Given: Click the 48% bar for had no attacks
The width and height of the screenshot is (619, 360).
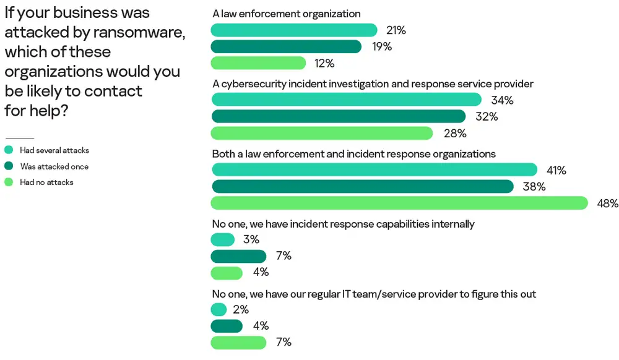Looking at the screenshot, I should [399, 203].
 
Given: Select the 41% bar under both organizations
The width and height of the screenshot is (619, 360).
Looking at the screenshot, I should [374, 170].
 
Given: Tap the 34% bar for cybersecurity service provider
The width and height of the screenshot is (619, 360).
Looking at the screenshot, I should [346, 100].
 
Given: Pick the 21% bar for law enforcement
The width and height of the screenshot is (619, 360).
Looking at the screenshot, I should [294, 30].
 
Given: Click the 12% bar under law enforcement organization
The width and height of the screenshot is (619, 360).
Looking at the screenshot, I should [259, 63].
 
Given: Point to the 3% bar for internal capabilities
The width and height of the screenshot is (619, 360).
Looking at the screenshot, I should [223, 240].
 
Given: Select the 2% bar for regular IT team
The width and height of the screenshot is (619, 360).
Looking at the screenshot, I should [219, 310].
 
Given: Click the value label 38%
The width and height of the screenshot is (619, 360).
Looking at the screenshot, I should [534, 187].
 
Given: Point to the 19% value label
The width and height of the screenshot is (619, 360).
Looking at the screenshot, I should [381, 46].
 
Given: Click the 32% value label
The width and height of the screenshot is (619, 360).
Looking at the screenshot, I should [486, 116].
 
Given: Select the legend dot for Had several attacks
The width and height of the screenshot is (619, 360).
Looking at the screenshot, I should [9, 150].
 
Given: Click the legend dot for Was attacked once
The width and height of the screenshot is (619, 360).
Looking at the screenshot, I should [9, 166].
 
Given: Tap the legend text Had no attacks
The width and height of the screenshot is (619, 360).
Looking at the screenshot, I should [46, 182].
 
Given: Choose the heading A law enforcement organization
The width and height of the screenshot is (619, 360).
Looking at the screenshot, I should [286, 14].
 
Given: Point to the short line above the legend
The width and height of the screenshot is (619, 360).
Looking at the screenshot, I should [19, 139].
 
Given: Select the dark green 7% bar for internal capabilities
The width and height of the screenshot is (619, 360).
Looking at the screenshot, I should [238, 256].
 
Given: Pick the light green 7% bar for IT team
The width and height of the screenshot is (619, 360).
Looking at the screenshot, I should [238, 342].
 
